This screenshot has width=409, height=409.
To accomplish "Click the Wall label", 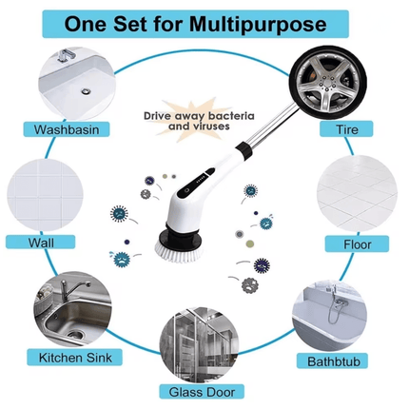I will [41, 243].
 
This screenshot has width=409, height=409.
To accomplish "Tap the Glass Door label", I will [206, 391].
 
